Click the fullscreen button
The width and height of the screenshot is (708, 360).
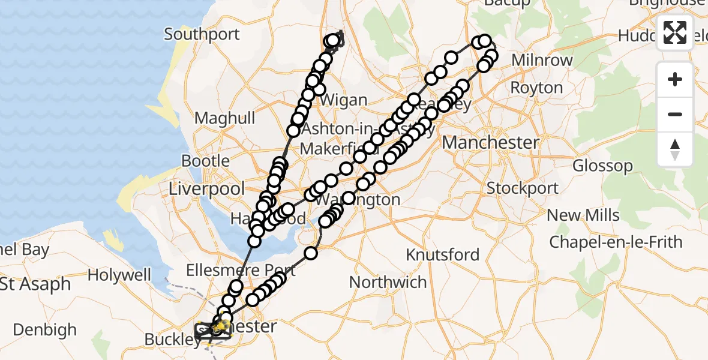[x=675, y=32]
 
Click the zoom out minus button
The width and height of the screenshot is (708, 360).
[x=675, y=114]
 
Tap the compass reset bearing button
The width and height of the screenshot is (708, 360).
[x=675, y=149]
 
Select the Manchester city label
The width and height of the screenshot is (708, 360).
[x=490, y=143]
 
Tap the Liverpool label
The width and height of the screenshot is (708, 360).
[x=206, y=189]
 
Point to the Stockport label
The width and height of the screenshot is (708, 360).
[x=522, y=188]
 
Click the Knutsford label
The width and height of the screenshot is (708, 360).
[x=443, y=255]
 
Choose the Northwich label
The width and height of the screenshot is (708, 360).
[x=388, y=282]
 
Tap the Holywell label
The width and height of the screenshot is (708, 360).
[x=119, y=275]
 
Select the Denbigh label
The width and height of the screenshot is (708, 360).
[x=45, y=330]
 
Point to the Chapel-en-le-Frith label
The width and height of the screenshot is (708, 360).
[x=616, y=242]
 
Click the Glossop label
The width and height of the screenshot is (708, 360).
[x=602, y=166]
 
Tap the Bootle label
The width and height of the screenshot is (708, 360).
[x=205, y=161]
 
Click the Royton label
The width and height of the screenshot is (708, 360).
[x=536, y=88]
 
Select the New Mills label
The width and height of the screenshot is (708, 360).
[x=581, y=215]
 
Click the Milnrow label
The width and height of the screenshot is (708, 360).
[x=542, y=61]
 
